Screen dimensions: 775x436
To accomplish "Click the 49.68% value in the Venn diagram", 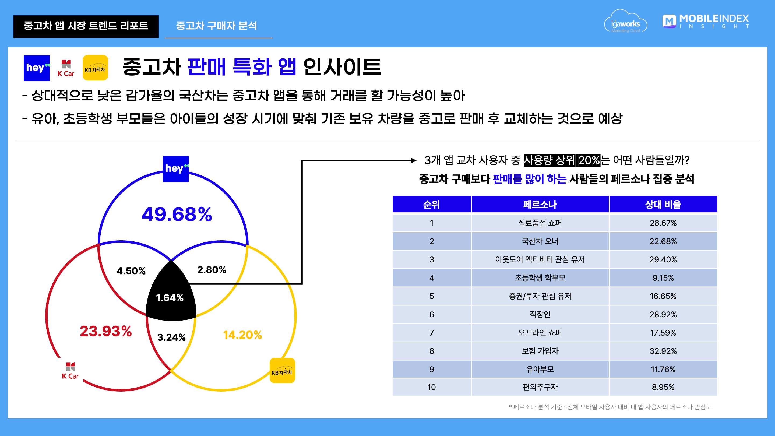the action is coord(177,214).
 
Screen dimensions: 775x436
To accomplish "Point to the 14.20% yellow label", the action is coord(242,335).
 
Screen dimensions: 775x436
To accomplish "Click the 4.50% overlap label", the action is coord(131,271).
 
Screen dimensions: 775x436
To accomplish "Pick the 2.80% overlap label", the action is coord(212,270).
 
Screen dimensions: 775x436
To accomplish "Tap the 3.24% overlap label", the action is coord(171,337).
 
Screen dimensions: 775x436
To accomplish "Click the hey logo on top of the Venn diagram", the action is coord(176,169).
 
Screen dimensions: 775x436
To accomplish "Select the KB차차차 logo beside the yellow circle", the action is coord(282,370).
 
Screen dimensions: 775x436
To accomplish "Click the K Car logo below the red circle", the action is coord(70,371).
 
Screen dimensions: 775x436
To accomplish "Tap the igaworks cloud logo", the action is coord(626,21).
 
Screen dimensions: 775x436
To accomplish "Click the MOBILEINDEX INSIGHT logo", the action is coord(706,21).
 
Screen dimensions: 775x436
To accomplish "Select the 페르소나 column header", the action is coord(540,204).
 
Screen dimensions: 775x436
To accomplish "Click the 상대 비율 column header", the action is coord(663,204).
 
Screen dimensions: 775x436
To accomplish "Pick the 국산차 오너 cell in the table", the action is coord(540,241).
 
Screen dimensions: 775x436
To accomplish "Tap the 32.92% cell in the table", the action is coord(663,351).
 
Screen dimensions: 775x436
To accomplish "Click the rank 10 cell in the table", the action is coord(432,387).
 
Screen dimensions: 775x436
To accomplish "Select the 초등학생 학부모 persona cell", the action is coord(540,278).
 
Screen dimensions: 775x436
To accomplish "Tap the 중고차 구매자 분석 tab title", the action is coord(216,26).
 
